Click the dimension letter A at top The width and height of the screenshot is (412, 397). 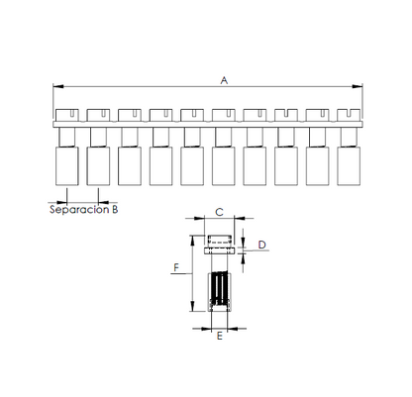(x=224, y=80)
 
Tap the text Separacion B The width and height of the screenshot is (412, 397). (x=84, y=210)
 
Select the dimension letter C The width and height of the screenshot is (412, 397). (x=219, y=212)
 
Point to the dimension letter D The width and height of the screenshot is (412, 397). (x=261, y=245)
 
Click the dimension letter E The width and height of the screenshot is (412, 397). (x=220, y=336)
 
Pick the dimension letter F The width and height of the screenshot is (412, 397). (x=176, y=267)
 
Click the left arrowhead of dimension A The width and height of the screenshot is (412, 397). (x=58, y=86)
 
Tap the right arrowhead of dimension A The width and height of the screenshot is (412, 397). (x=358, y=86)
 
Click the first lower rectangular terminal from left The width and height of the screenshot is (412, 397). (x=67, y=166)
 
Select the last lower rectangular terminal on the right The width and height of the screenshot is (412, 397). (x=349, y=166)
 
